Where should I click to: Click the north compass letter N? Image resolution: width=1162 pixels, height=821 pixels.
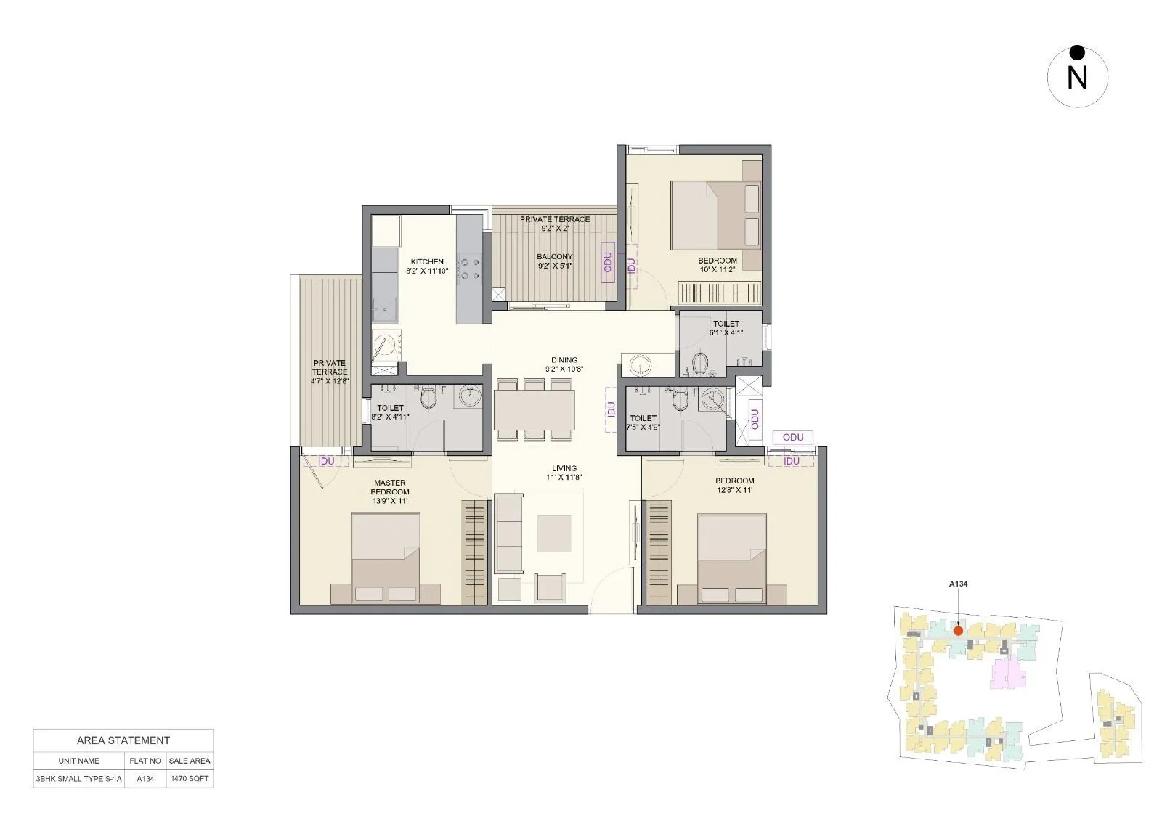(x=1077, y=78)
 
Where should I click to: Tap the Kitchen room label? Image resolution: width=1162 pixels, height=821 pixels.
(x=427, y=262)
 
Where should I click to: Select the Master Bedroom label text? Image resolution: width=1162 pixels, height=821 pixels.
(x=390, y=487)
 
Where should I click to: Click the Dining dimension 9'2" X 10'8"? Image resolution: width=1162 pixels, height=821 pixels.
(x=564, y=369)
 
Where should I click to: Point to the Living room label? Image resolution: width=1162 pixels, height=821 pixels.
(x=564, y=468)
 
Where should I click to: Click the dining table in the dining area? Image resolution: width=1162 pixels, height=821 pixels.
(x=535, y=410)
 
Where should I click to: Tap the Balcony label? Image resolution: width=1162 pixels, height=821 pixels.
(x=555, y=256)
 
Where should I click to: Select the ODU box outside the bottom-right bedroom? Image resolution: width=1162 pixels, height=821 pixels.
(x=793, y=437)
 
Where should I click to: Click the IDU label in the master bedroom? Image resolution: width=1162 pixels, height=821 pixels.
(x=326, y=461)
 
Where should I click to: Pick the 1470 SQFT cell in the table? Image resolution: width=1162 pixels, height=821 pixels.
(x=189, y=779)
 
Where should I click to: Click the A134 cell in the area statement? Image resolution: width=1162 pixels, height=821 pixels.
(x=145, y=779)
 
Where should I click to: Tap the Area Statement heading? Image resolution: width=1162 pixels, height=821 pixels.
(x=123, y=740)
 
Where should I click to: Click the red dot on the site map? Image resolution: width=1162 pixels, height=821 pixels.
(x=958, y=631)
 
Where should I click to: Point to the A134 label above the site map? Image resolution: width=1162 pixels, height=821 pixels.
(x=958, y=584)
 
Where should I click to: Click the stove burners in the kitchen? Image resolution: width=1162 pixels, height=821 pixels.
(x=469, y=266)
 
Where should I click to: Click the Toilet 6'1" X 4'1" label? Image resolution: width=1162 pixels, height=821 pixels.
(x=726, y=328)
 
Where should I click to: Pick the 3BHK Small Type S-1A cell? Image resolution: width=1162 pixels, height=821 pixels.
(x=79, y=779)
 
